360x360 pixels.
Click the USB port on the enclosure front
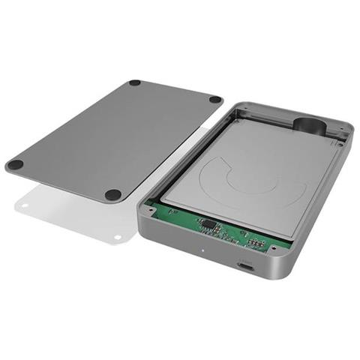click(x=244, y=265)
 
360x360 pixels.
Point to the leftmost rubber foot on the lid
click(x=15, y=164)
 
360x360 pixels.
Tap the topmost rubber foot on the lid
click(x=135, y=82)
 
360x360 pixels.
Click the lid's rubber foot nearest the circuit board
click(x=113, y=194)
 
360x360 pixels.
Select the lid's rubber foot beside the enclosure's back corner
click(x=214, y=99)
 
